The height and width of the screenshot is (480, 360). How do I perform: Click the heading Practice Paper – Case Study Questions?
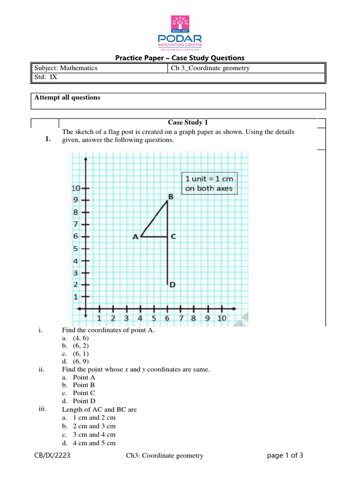180,58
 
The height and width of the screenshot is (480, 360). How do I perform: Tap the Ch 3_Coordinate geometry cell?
210,68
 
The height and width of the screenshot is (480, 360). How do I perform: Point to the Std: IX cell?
46,77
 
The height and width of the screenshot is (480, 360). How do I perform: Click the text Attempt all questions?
67,97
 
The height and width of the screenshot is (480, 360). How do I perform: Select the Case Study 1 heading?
187,122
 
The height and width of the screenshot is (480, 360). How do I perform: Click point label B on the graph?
171,197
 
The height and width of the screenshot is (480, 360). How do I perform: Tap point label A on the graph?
135,237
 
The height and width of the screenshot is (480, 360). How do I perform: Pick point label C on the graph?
173,237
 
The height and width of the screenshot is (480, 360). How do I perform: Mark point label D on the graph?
172,285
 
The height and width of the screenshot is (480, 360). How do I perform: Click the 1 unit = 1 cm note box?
209,183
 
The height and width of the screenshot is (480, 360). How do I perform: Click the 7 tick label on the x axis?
180,319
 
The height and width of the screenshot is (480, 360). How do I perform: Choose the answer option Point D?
84,401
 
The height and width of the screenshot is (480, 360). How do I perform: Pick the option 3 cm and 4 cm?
94,435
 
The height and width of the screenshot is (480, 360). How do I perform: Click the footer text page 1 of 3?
285,455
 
